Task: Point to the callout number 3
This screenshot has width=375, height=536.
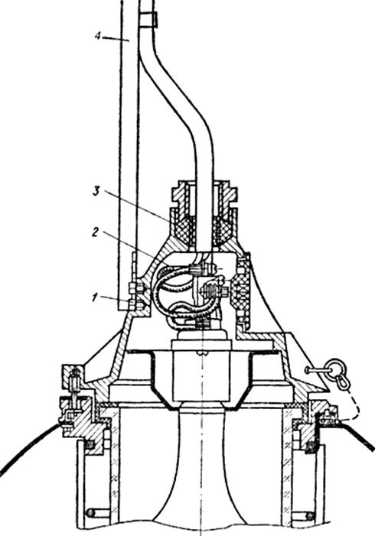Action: [96, 191]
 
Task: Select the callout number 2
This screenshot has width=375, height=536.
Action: [96, 232]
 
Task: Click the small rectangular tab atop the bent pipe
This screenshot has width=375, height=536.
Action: [148, 20]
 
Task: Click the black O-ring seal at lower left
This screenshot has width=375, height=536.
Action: [90, 445]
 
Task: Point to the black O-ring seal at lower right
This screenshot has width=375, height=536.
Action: [311, 445]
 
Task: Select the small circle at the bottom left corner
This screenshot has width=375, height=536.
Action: [90, 513]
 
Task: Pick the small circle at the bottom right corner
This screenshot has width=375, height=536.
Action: [311, 515]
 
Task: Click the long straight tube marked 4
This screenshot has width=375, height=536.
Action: [129, 154]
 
